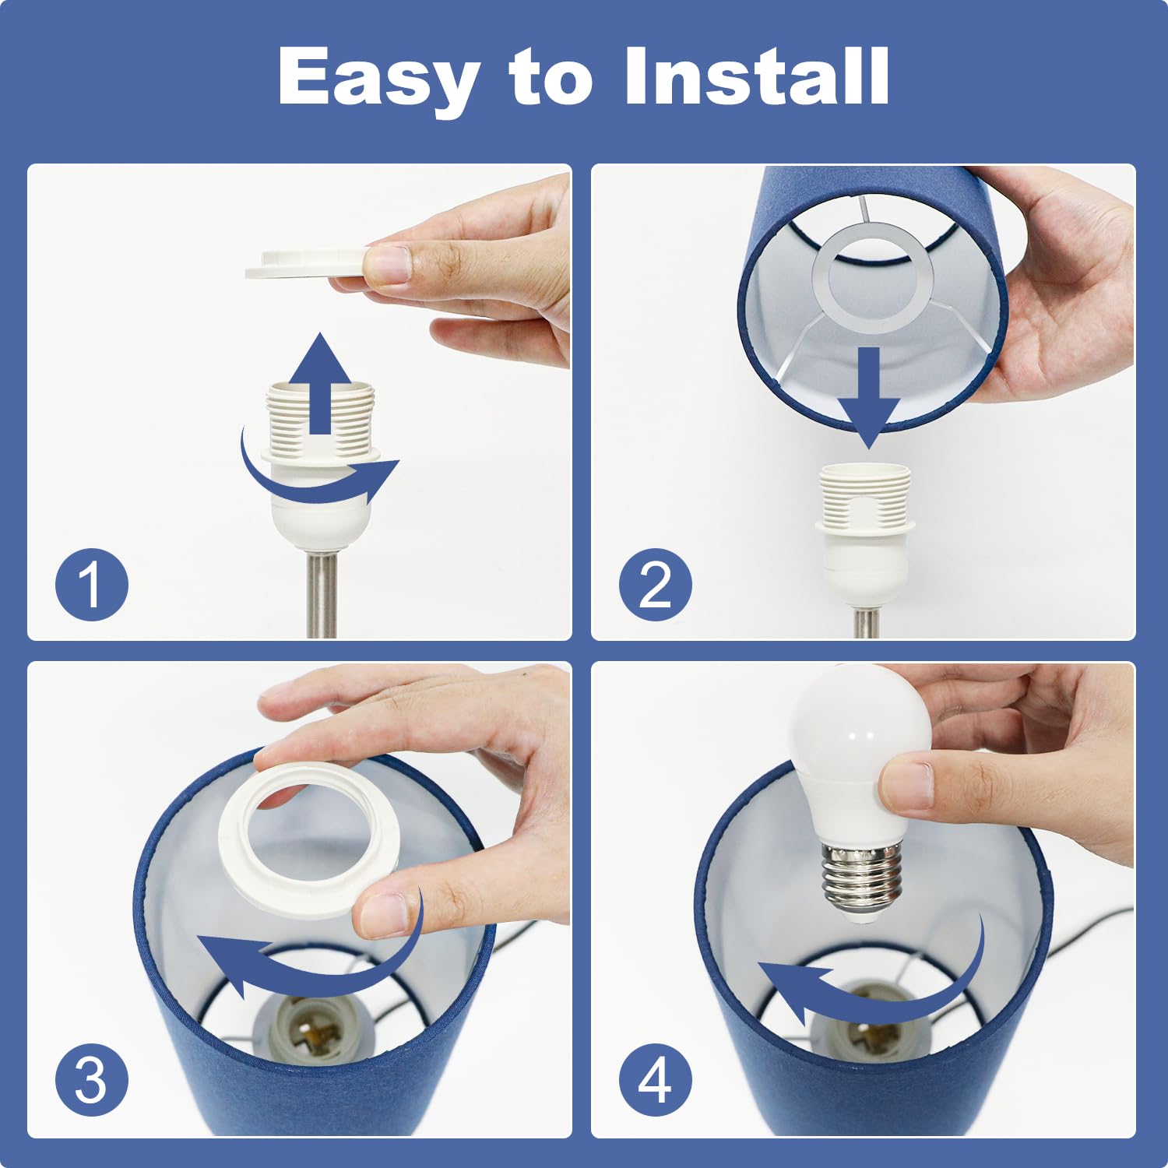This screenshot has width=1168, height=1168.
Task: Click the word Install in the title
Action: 757,76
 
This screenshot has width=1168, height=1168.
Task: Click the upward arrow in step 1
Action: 320,383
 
